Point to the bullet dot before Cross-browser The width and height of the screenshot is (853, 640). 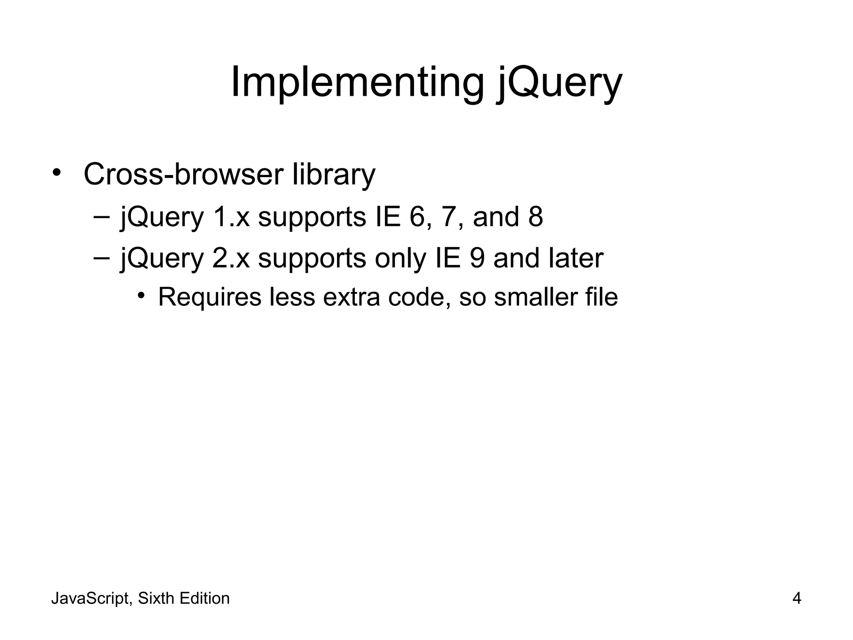point(57,172)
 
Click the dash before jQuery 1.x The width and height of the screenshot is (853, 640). point(102,216)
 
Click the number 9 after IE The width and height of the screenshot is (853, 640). point(477,258)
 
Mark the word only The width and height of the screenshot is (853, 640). point(400,258)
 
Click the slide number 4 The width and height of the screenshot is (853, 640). point(797,599)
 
